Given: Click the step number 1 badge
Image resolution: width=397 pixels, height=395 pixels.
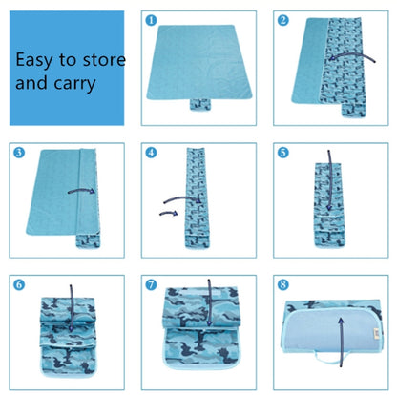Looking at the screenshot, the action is point(151,20).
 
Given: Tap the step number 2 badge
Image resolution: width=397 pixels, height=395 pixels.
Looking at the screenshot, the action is point(283,20).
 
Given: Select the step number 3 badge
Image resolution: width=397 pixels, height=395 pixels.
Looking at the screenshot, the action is point(19,153).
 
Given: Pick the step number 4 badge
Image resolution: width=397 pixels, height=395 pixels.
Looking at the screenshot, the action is point(151,153).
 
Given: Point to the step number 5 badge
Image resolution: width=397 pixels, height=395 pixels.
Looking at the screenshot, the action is point(283,153).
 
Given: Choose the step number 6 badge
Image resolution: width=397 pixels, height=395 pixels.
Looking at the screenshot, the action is point(19,284).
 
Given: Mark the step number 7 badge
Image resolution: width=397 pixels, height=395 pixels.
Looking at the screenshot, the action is point(151,284).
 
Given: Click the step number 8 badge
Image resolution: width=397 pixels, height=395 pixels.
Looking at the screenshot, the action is point(283,284).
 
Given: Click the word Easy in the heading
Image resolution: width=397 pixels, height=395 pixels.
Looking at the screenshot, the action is point(33,60).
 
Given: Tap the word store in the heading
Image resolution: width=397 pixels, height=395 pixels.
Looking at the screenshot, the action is point(104,60).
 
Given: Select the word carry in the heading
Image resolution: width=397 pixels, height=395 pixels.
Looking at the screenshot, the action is point(74,84).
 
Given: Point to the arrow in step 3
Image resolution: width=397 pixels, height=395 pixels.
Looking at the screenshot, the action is point(81,191).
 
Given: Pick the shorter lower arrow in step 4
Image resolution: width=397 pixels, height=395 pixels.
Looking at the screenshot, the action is point(169,213).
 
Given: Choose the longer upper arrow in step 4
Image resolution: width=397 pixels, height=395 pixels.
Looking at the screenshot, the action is point(182,199).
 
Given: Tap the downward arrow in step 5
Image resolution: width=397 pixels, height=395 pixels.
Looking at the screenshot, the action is point(330,180).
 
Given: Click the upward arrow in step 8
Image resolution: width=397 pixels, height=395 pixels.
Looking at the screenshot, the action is point(341,343).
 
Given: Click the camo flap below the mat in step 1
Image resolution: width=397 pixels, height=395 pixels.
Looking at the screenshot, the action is point(200,105).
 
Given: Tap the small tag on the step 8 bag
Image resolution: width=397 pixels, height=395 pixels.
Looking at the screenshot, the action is point(378,333).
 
